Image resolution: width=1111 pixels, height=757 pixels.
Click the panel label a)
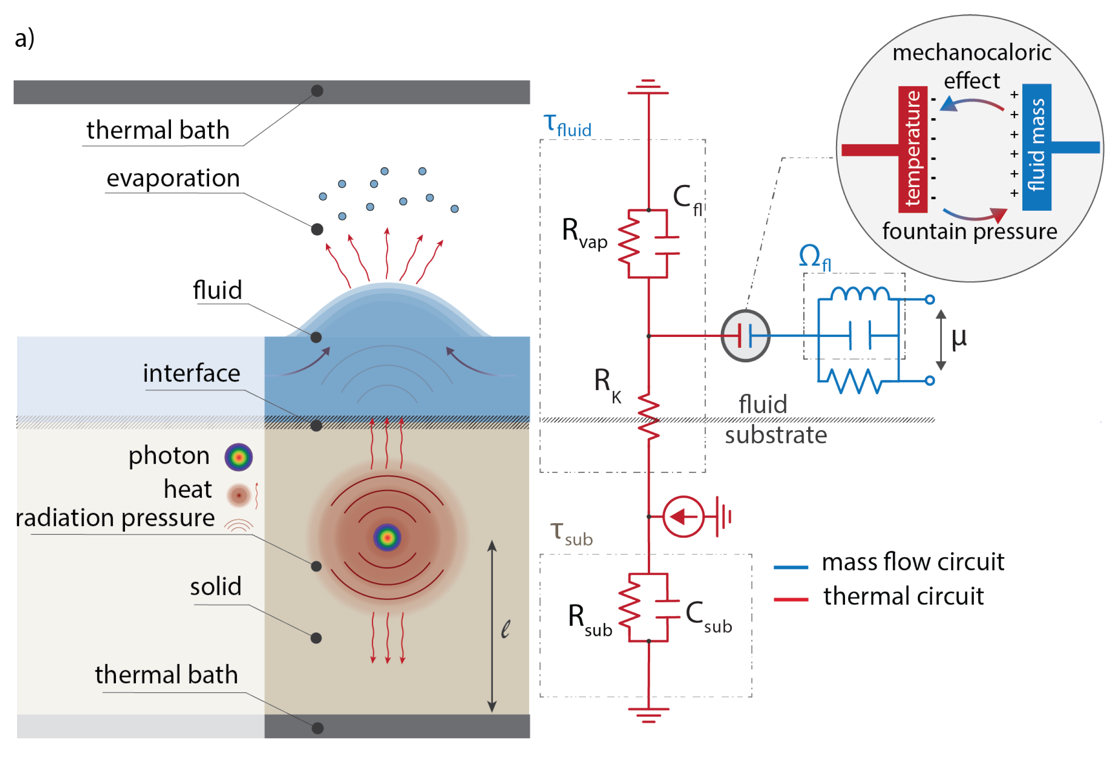[x=25, y=38]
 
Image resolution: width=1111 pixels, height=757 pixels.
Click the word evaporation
[x=173, y=178]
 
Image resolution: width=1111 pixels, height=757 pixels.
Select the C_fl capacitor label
[x=687, y=199]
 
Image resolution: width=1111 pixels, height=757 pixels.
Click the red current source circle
[x=683, y=516]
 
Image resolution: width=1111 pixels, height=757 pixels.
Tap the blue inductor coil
[x=860, y=293]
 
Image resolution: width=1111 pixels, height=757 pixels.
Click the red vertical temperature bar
[x=913, y=149]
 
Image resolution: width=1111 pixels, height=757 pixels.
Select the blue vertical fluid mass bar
[x=1036, y=147]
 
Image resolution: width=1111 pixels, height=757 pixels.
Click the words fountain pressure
[x=970, y=232]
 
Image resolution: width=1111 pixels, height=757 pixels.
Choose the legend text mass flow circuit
[x=913, y=562]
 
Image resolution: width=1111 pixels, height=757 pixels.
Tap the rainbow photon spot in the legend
[x=239, y=457]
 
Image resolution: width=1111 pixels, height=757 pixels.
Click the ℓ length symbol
[x=505, y=629]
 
